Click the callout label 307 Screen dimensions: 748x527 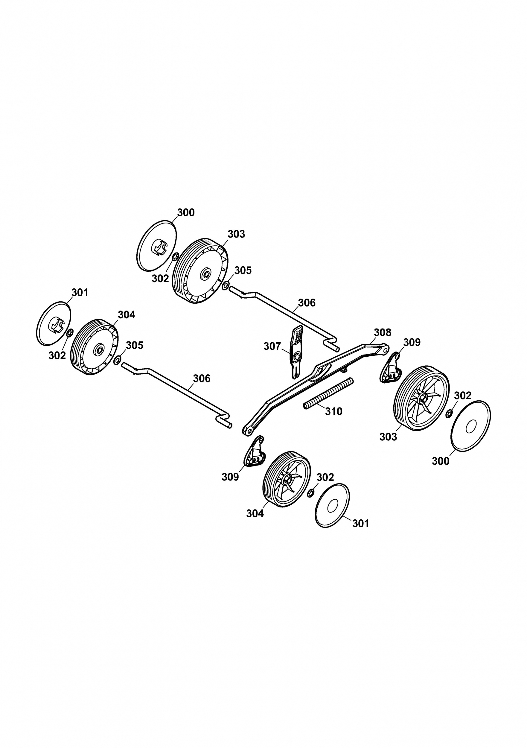(x=272, y=346)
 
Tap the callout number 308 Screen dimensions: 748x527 (x=382, y=332)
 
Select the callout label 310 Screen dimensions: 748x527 (x=334, y=411)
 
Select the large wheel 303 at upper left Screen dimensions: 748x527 (x=199, y=271)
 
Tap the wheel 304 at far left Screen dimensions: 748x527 (x=95, y=347)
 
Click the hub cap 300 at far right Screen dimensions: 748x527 (x=470, y=426)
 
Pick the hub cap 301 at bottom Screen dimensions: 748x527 (x=332, y=505)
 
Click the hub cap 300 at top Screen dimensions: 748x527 (x=156, y=245)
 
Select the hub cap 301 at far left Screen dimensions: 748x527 (x=54, y=323)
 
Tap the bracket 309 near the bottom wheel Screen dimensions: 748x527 (x=255, y=452)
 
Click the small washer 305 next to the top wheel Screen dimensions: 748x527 (x=225, y=286)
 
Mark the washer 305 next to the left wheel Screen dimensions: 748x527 (x=118, y=360)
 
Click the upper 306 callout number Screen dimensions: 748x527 (x=307, y=303)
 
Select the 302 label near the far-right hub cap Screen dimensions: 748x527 (x=462, y=396)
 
